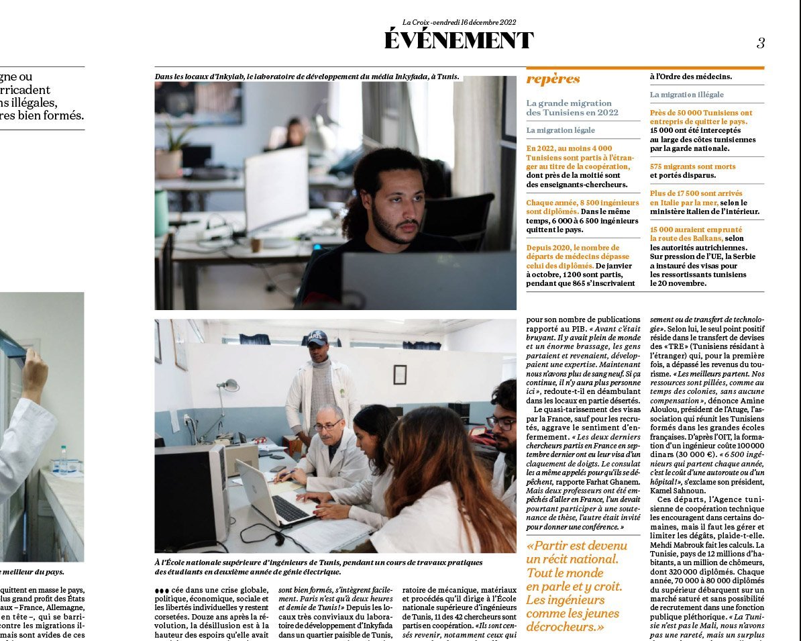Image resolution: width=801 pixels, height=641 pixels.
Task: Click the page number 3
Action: tap(760, 43)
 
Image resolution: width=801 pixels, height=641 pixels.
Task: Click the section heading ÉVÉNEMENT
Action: tap(459, 41)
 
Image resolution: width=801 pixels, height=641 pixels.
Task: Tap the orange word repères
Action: tap(553, 79)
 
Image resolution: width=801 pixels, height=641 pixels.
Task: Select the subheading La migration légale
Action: tap(561, 130)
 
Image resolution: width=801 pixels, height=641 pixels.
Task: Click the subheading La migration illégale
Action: tap(687, 95)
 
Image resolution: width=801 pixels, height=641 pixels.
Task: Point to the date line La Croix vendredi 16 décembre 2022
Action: tap(459, 22)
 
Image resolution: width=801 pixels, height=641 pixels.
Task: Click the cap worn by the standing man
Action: tap(317, 338)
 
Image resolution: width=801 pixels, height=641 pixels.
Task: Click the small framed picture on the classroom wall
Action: tap(400, 375)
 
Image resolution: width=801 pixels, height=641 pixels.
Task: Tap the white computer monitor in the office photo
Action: tap(276, 189)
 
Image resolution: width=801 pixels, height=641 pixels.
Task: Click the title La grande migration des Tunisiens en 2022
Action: tap(572, 108)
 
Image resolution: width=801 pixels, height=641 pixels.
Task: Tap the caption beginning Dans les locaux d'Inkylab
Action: tap(307, 77)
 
